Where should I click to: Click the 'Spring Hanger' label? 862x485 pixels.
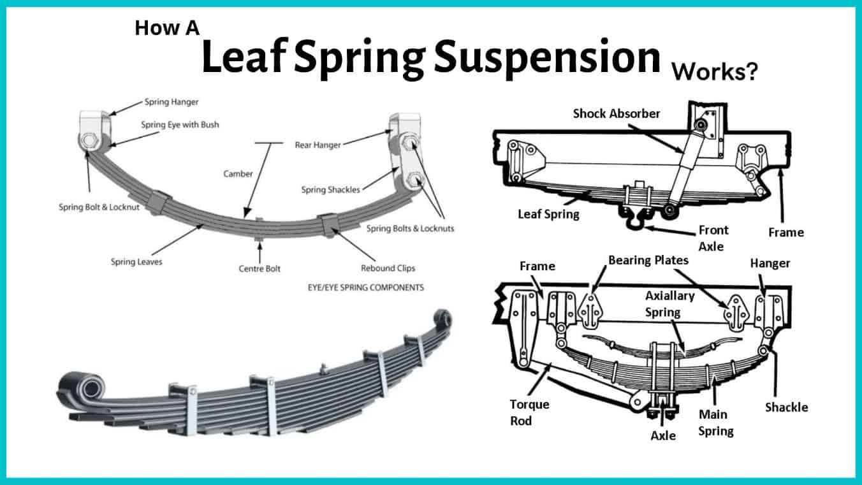click(172, 101)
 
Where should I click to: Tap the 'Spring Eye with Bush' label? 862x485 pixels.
click(180, 124)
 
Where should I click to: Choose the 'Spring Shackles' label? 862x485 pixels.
click(331, 189)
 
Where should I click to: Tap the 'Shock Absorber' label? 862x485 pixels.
click(617, 113)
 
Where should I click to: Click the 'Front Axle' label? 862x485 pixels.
click(713, 238)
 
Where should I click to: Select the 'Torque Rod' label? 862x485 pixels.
click(529, 412)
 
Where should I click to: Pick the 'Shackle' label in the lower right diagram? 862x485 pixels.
click(786, 407)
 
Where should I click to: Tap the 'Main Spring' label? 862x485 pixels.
click(715, 423)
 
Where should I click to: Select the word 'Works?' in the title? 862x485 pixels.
click(715, 71)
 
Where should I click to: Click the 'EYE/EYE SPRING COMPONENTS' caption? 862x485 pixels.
click(365, 287)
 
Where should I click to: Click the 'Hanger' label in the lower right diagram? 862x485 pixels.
click(770, 263)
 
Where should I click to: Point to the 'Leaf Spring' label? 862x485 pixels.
click(548, 214)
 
